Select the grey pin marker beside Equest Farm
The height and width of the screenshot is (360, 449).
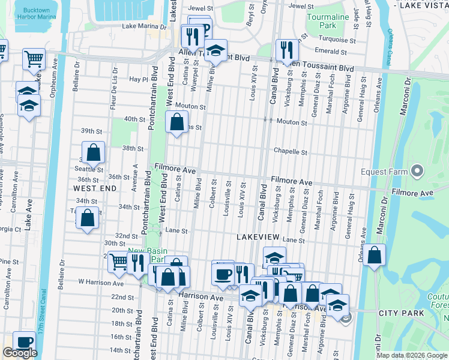pyautogui.click(x=417, y=172)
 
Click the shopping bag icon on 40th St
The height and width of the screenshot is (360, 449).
pyautogui.click(x=176, y=122)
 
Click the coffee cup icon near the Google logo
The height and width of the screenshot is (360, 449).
pyautogui.click(x=25, y=341)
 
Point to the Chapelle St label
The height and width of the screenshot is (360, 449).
pyautogui.click(x=291, y=152)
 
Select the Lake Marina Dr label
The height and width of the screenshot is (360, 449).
pyautogui.click(x=143, y=26)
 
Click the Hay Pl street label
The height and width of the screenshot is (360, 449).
pyautogui.click(x=138, y=79)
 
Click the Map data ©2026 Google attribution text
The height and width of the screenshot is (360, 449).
pyautogui.click(x=411, y=355)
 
